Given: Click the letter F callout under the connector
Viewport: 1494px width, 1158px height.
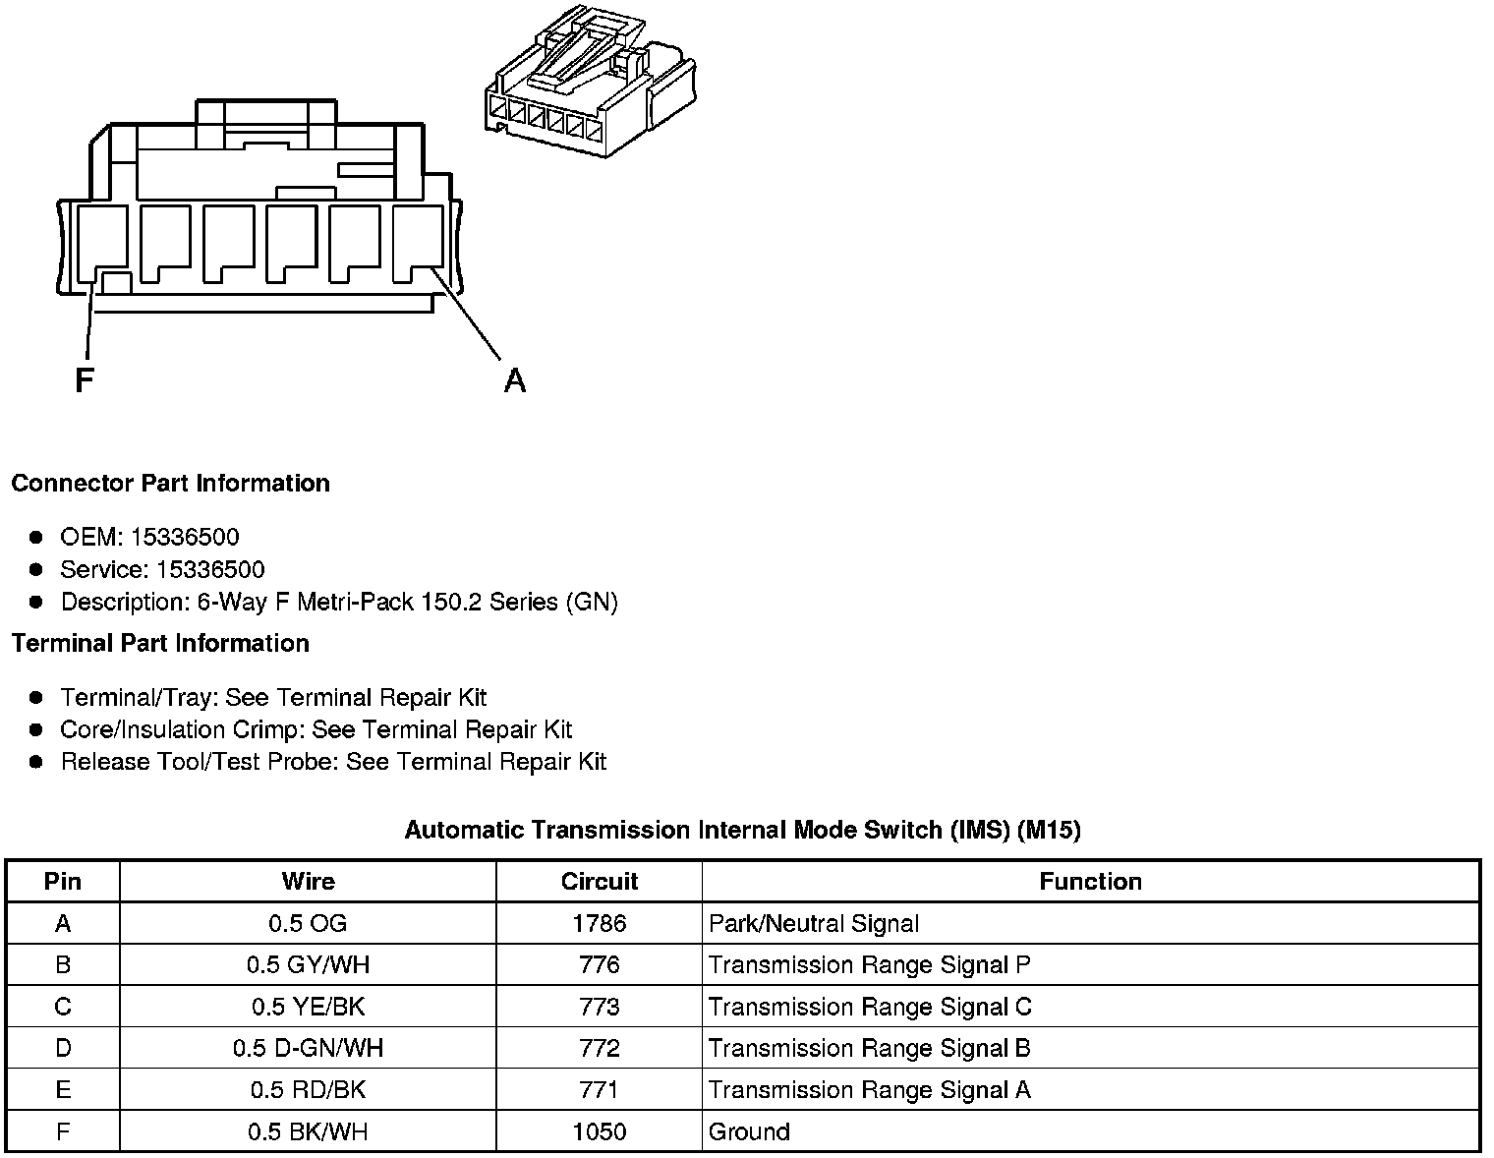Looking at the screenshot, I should point(85,379).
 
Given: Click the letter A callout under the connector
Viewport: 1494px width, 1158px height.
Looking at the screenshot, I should point(514,379).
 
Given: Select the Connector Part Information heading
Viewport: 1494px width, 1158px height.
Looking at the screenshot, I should point(170,483).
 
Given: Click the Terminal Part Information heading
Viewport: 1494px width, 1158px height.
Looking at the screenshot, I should point(160,643).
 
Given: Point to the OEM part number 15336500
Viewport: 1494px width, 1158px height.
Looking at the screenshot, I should point(185,537).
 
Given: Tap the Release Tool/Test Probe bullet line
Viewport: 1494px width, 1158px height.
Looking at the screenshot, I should point(333,762).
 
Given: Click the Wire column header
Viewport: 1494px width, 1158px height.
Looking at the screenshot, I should point(308,881).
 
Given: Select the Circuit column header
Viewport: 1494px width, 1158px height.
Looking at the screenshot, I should point(600,881).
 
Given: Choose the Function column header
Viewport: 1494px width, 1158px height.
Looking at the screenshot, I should point(1090,881).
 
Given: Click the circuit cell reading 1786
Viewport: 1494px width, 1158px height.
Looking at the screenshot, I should point(600,923).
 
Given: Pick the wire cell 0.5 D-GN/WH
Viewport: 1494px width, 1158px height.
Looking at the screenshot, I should point(308,1048).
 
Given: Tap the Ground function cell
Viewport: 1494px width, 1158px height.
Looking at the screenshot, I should point(749,1131).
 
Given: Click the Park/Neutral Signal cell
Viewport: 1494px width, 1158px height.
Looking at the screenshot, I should point(814,923).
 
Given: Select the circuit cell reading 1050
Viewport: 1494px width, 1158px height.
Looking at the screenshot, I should point(600,1131).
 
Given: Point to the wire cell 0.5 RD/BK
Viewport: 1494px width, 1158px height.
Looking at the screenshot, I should point(308,1089).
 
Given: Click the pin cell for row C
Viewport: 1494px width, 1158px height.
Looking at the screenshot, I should point(63,1007).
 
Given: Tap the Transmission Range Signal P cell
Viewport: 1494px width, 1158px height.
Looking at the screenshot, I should point(870,964).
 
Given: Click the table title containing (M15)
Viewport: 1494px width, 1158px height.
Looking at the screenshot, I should point(742,830).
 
